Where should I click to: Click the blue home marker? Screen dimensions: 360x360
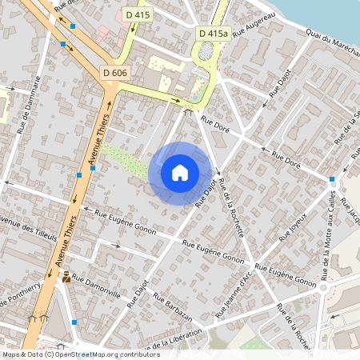(180, 173)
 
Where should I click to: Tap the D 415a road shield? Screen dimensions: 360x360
(213, 33)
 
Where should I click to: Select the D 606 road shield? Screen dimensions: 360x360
(115, 73)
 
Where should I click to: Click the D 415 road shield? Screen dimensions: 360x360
(137, 15)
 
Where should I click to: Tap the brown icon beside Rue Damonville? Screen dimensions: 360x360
(66, 277)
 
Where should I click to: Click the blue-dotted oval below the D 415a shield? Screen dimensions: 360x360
(206, 51)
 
